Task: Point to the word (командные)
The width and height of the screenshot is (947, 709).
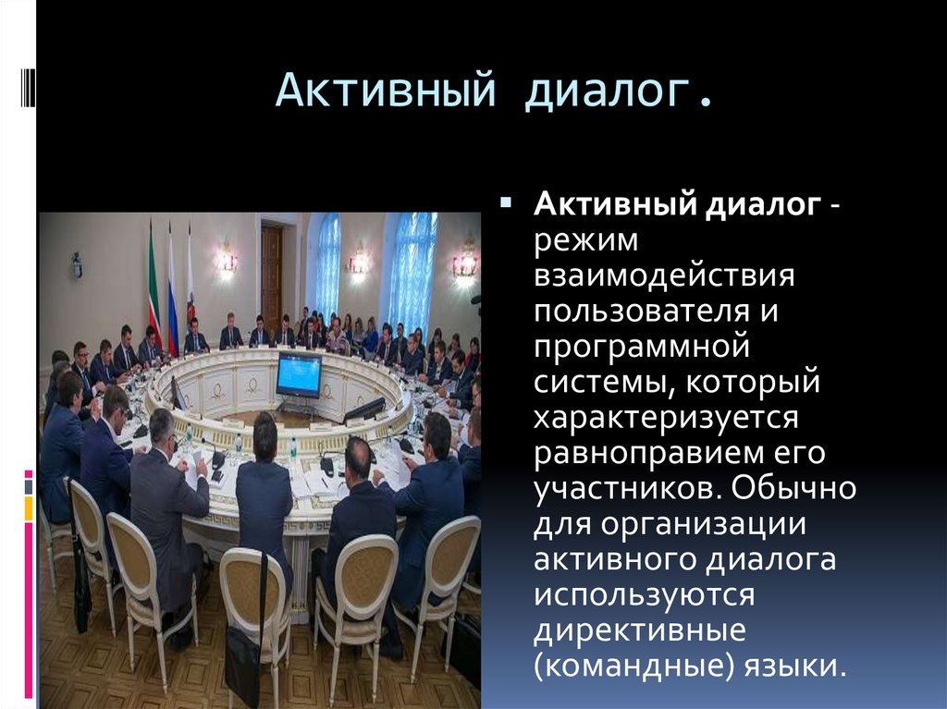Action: [x=630, y=665]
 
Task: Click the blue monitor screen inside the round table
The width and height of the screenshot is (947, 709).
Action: [x=299, y=374]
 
